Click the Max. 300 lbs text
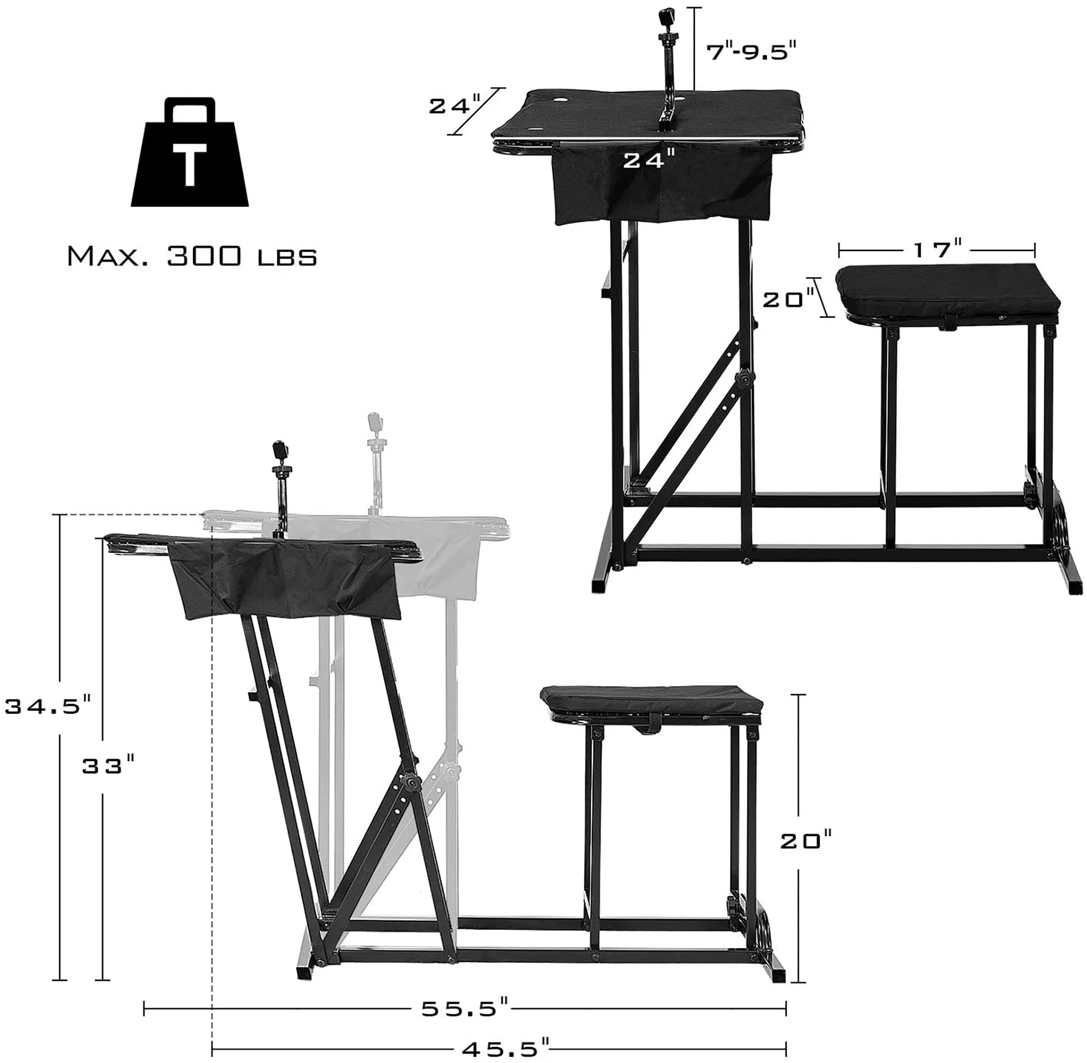[192, 257]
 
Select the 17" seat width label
[938, 249]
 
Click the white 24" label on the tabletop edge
[645, 161]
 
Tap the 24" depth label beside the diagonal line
[454, 105]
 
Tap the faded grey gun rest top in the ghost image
[374, 421]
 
